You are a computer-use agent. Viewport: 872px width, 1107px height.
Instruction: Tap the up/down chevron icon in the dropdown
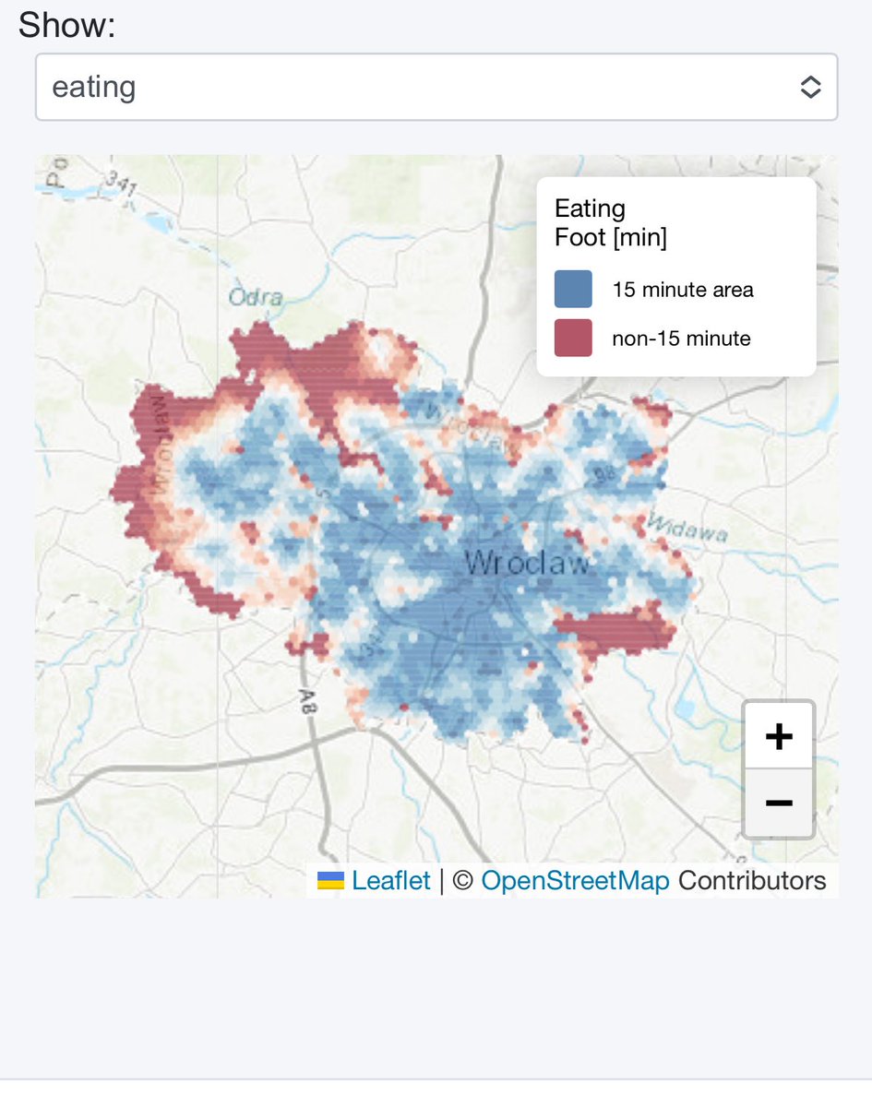tap(810, 88)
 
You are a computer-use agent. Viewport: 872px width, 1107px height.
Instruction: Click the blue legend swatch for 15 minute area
tap(573, 289)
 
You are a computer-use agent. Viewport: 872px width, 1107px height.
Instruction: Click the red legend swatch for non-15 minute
tap(573, 338)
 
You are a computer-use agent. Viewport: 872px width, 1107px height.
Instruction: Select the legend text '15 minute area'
tap(683, 290)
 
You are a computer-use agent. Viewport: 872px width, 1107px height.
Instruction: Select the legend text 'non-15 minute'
tap(681, 339)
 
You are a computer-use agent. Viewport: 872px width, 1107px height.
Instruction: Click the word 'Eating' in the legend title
tap(590, 208)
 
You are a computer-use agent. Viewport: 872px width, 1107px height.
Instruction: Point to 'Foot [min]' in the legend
tap(610, 238)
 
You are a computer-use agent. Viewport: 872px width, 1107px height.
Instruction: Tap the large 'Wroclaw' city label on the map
tap(526, 563)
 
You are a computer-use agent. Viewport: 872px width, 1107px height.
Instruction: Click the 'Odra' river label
tap(256, 298)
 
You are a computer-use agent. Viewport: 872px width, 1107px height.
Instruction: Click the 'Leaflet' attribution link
tap(391, 880)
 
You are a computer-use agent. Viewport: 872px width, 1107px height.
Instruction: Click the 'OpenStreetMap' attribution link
tap(575, 880)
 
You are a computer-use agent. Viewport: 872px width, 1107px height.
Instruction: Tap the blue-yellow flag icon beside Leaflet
tap(330, 881)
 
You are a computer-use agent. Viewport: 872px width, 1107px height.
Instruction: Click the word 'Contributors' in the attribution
tap(752, 880)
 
